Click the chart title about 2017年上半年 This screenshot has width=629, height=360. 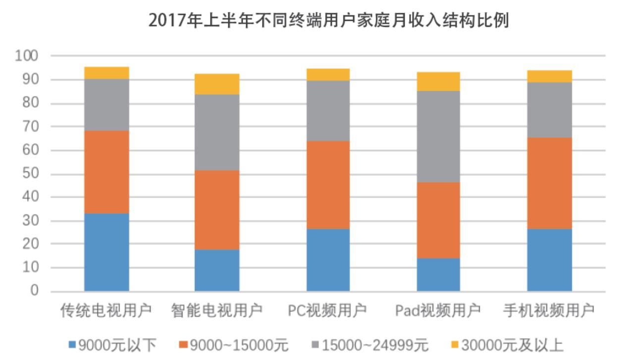point(328,20)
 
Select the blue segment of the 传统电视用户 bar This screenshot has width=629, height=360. point(106,252)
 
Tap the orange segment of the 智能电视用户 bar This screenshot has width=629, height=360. point(217,209)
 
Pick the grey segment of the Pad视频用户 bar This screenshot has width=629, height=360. point(438,136)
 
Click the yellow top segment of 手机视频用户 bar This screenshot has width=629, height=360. point(549,76)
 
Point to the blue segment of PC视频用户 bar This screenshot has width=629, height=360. point(328,259)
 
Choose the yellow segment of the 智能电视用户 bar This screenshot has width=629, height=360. point(217,84)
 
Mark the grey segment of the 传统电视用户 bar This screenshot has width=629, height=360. point(106,104)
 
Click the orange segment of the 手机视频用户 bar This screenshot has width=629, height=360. point(549,183)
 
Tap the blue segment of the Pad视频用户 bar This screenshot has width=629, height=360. point(438,274)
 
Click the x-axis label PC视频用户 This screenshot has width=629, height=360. point(327,310)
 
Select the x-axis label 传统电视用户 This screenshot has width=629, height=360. point(106,310)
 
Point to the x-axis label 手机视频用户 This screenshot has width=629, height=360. point(549,310)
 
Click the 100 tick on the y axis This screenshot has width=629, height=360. point(27,55)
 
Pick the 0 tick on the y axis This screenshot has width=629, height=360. point(34,291)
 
